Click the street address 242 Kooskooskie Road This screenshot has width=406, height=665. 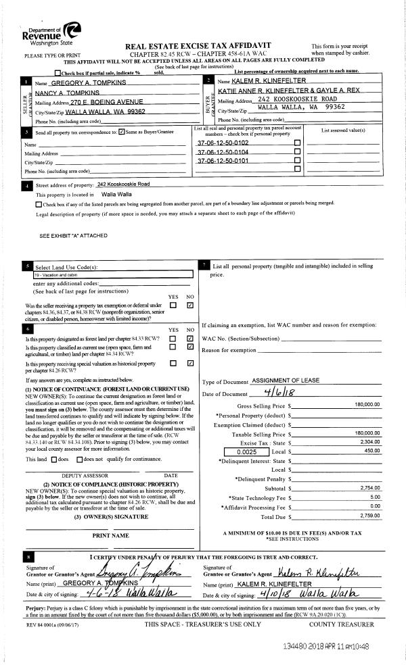point(123,184)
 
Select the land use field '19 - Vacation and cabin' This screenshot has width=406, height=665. point(65,275)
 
